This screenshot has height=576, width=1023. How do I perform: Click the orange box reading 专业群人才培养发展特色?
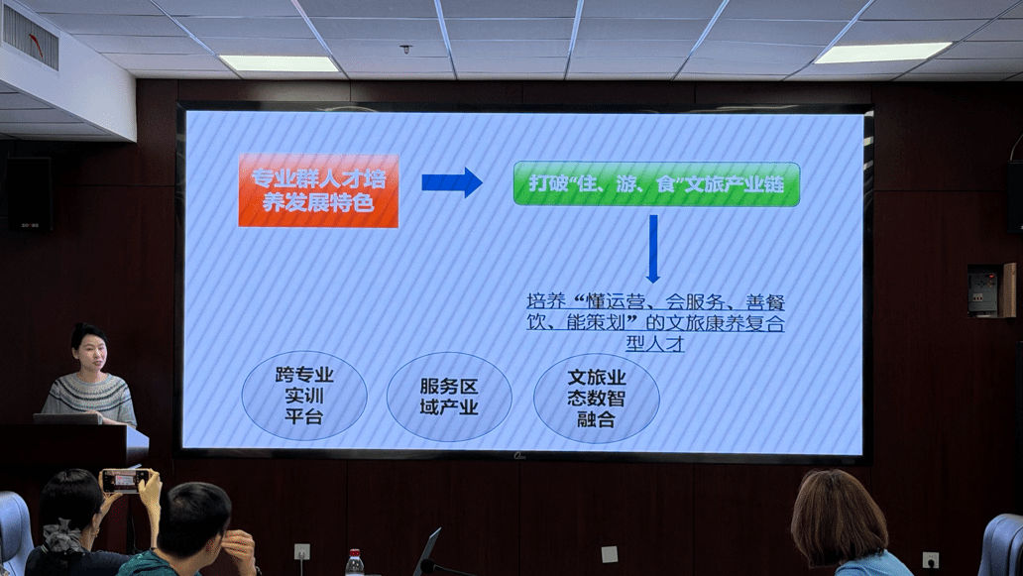(x=318, y=190)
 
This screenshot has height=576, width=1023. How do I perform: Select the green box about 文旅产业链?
(x=656, y=184)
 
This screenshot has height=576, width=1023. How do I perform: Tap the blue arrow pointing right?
(x=451, y=182)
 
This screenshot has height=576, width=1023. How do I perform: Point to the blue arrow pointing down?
(x=653, y=249)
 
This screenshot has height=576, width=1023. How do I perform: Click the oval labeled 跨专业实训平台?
(x=304, y=396)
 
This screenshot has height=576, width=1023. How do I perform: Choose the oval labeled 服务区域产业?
(x=449, y=397)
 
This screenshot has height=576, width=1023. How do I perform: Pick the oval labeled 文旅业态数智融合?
(x=597, y=398)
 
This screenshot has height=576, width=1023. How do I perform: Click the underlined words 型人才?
(x=654, y=343)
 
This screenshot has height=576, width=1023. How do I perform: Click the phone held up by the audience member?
(x=123, y=481)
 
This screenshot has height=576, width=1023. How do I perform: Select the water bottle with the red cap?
(x=354, y=563)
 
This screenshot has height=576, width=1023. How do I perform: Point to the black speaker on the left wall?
(x=30, y=193)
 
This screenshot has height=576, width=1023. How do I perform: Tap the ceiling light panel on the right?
(x=882, y=53)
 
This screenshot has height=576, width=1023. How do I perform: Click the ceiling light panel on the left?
(x=280, y=63)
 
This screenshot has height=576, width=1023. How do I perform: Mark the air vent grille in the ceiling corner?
(x=30, y=36)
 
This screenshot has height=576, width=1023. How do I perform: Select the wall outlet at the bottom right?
(x=930, y=560)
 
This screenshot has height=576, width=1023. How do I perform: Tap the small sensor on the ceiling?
(x=405, y=49)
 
